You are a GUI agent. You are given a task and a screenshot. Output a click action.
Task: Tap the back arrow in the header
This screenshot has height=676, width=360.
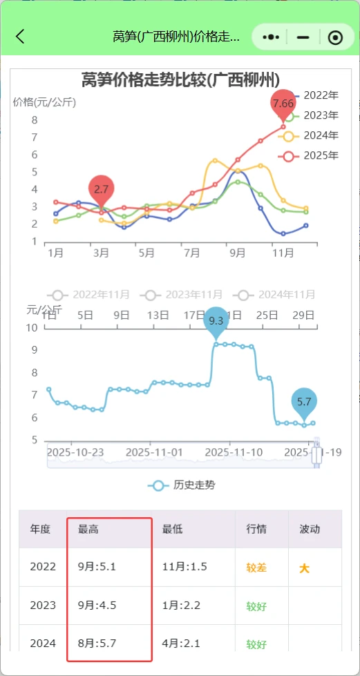tap(20, 37)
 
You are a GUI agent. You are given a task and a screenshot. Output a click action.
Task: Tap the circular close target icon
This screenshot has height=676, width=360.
tap(335, 37)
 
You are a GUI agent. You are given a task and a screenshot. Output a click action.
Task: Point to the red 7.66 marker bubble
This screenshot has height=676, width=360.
tap(283, 103)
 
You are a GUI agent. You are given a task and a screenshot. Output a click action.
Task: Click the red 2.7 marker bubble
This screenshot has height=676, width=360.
tap(102, 188)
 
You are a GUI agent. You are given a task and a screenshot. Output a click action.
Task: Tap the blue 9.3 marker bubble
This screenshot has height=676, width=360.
tap(216, 320)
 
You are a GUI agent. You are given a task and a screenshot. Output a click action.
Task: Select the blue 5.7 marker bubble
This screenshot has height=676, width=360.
tap(304, 400)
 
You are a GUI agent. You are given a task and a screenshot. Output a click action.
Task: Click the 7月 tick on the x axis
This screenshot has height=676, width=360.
tap(192, 253)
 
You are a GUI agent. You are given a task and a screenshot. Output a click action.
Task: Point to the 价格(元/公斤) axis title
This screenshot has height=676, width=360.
tap(44, 102)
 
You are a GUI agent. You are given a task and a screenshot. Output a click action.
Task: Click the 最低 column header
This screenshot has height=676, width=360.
tap(172, 529)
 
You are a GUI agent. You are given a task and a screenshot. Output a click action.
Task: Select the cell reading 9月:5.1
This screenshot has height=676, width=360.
tap(97, 567)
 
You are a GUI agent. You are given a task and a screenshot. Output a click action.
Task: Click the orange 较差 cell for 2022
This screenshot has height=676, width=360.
tap(256, 568)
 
